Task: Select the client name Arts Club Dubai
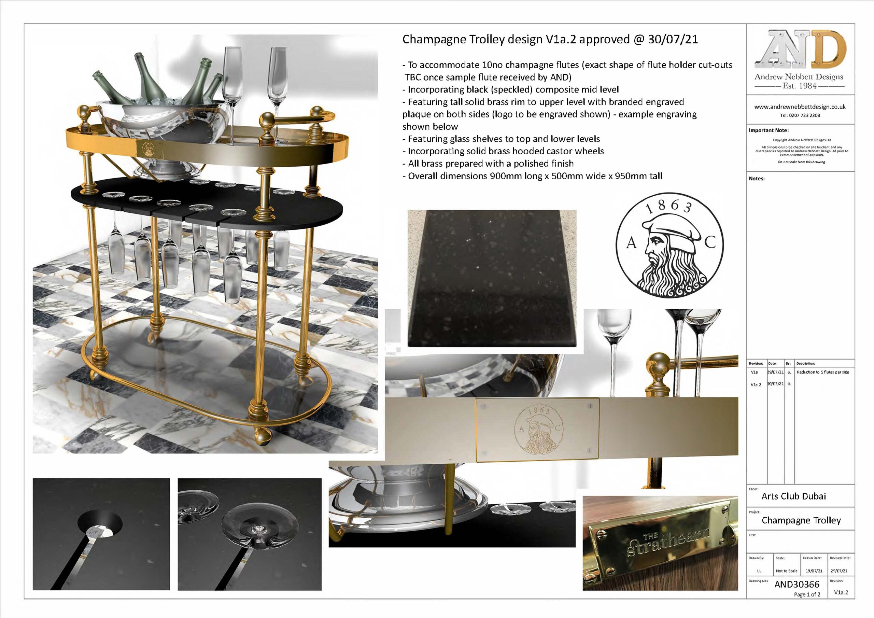click(793, 496)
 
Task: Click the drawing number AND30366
click(797, 584)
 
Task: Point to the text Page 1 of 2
click(807, 594)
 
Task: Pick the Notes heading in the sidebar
click(757, 179)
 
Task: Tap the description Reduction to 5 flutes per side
click(822, 372)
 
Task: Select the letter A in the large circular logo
click(632, 243)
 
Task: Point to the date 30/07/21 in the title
click(673, 40)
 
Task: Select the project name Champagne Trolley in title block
click(801, 521)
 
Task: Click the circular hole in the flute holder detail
click(100, 525)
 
